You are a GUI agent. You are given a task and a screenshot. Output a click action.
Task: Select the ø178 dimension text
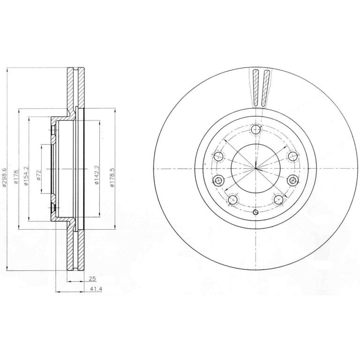coord(15,177)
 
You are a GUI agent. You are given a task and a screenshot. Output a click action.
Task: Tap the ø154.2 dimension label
coord(26,176)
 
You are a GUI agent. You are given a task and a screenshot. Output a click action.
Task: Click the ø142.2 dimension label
coord(97,175)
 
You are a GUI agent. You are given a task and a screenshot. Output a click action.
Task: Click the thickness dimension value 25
coord(92,279)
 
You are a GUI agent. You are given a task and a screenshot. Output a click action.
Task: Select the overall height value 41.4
coord(96,289)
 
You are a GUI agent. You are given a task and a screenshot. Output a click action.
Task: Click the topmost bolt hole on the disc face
coord(256,130)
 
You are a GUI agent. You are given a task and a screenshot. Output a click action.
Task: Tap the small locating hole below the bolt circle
coord(255,212)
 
